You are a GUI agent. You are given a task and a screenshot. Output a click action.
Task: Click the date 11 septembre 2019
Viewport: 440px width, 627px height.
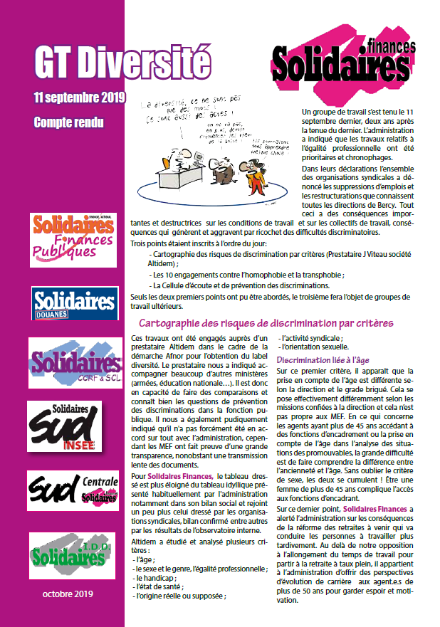tap(79, 97)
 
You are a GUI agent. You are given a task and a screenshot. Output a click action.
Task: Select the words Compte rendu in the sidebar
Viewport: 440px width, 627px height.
tap(68, 122)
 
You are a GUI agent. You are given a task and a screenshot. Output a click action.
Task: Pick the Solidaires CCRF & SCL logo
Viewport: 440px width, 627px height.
tap(74, 363)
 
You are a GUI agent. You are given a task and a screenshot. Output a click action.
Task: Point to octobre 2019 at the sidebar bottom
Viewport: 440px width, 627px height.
tap(68, 594)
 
